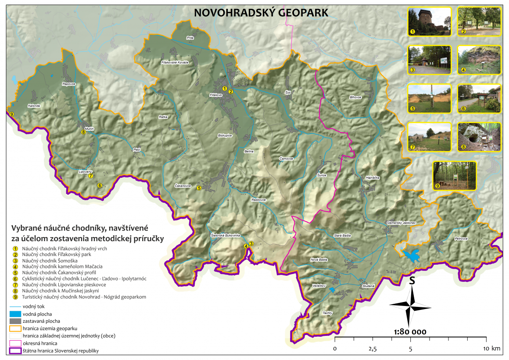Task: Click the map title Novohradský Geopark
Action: [x=261, y=13]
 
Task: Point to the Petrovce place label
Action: [x=461, y=239]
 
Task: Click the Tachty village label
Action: [x=327, y=313]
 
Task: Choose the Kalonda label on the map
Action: [x=34, y=106]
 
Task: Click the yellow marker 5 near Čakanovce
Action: [x=199, y=188]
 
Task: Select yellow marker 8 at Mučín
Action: [x=83, y=132]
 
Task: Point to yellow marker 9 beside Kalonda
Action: [x=11, y=115]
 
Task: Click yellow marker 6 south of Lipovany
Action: [x=100, y=186]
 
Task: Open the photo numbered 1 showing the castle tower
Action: [x=429, y=21]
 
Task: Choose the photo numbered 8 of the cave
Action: [x=479, y=137]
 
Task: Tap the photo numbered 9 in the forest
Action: [x=454, y=176]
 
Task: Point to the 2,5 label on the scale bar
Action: [x=373, y=349]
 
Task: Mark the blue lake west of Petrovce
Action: [x=411, y=255]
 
